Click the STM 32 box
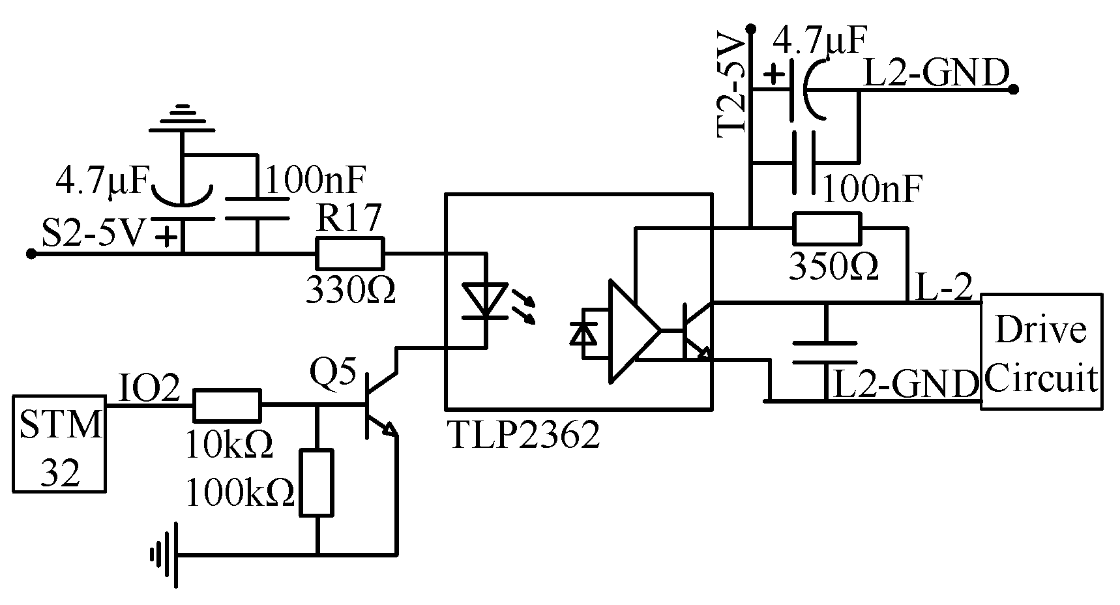click(x=59, y=443)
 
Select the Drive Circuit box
click(x=1041, y=352)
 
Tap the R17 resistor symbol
click(x=349, y=254)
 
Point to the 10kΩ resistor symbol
click(x=227, y=406)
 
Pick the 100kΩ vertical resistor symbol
click(x=317, y=483)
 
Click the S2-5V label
click(x=91, y=233)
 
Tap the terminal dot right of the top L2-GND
click(x=1012, y=90)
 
